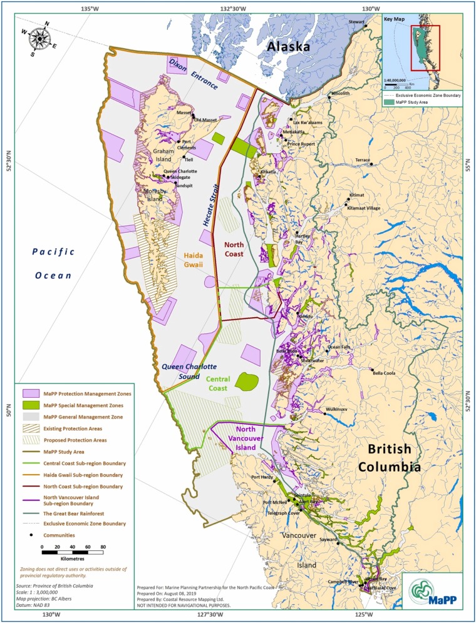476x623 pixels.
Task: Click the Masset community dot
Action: (x=192, y=113)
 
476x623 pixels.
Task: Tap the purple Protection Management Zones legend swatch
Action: (x=31, y=393)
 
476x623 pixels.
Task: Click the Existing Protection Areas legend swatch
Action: (x=31, y=428)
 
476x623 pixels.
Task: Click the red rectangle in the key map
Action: (x=425, y=48)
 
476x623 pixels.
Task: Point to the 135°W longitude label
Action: (x=90, y=8)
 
